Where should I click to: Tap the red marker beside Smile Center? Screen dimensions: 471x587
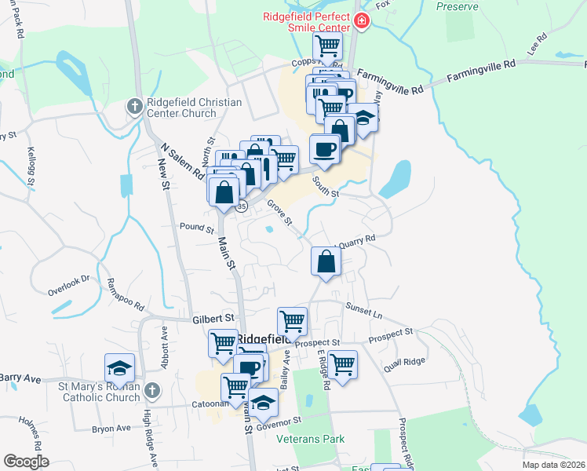tap(362, 21)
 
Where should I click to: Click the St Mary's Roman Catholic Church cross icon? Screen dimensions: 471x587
tap(152, 389)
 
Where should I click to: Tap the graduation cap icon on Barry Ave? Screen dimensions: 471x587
tap(120, 368)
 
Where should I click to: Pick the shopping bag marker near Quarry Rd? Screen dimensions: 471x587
tap(326, 261)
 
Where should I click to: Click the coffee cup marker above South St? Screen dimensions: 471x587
tap(324, 148)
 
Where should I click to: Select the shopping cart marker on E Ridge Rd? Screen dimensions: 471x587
tap(342, 364)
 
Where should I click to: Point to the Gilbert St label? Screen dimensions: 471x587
tap(213, 319)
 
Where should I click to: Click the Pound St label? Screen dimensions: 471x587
tap(197, 228)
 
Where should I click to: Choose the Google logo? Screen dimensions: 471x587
tap(26, 462)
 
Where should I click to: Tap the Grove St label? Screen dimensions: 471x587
tap(279, 214)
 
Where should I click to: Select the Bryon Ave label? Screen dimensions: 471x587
tap(111, 429)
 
